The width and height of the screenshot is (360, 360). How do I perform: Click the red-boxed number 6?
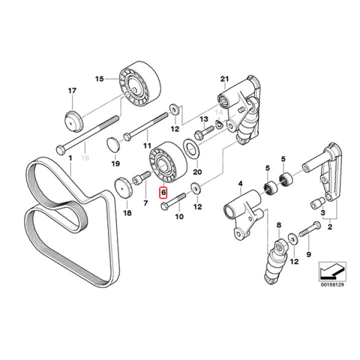point(163,192)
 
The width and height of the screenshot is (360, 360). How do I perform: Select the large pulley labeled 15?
point(138,86)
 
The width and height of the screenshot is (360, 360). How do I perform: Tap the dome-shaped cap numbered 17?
point(74,120)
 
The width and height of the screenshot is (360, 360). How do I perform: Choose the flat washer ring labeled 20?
point(190,147)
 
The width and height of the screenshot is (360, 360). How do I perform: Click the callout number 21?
point(224,79)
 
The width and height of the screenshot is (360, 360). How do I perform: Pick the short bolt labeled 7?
point(140,177)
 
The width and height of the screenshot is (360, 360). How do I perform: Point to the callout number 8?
point(279,226)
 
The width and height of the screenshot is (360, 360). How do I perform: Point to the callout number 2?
point(329,226)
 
